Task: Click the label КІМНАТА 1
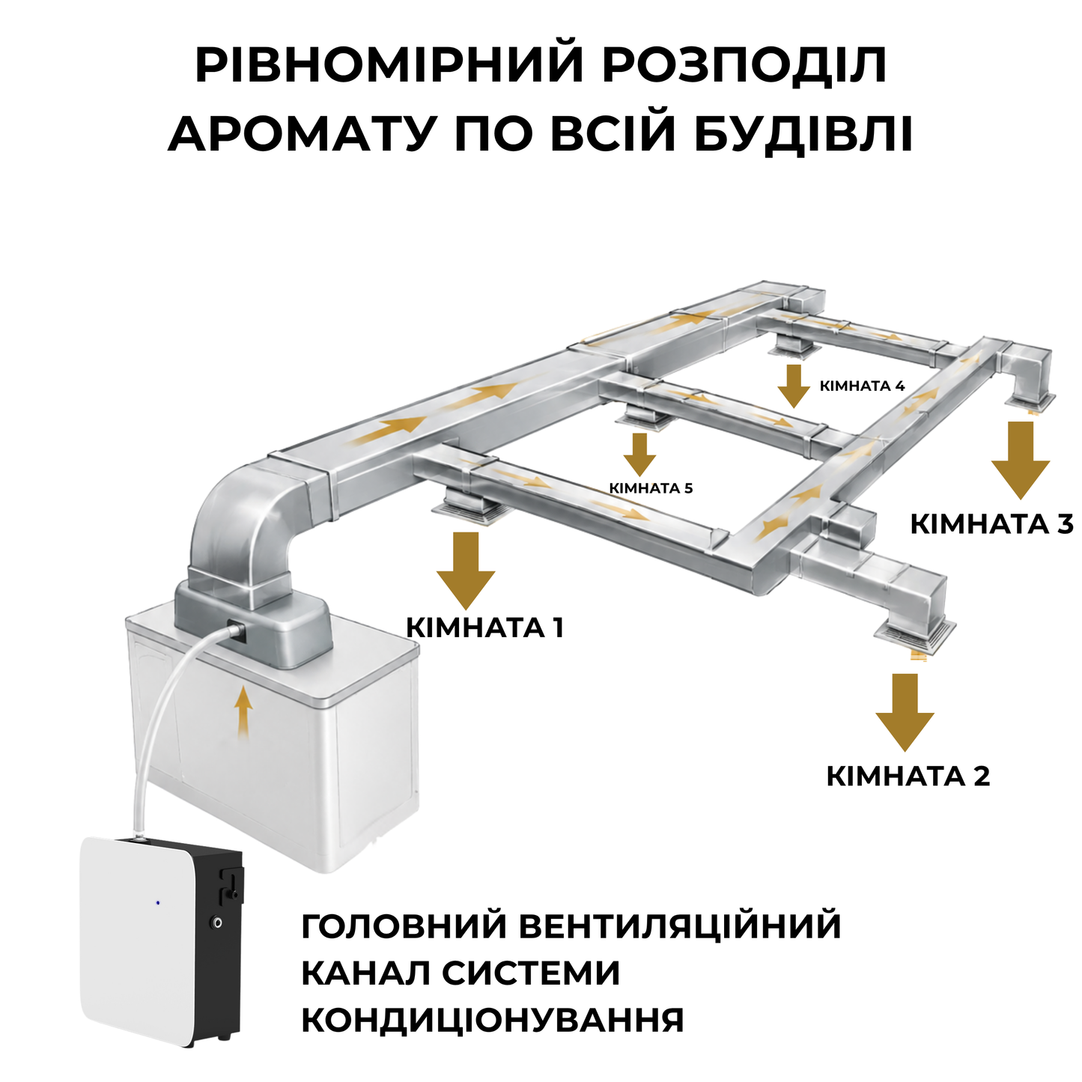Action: [484, 627]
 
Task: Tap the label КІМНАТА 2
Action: [908, 776]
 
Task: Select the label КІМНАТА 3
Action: [991, 524]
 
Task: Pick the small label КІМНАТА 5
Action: [651, 488]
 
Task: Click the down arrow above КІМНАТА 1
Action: [466, 571]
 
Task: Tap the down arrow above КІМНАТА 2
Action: [905, 713]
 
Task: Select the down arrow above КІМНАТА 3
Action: [1021, 461]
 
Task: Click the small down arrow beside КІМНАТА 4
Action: [794, 386]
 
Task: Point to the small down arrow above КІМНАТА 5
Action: [639, 455]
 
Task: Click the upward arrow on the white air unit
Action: [243, 714]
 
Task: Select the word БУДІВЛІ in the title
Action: [803, 133]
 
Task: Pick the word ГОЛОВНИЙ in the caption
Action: [404, 926]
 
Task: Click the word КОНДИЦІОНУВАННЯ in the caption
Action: [493, 1020]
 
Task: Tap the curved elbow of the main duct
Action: [236, 505]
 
